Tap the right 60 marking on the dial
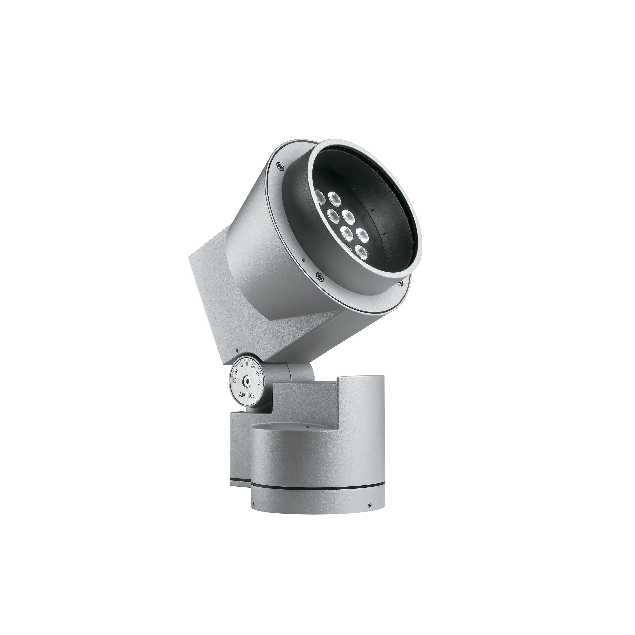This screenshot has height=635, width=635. point(257,372)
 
